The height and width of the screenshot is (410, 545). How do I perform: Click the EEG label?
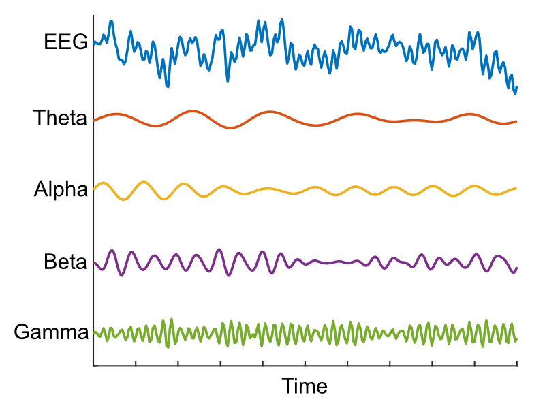pos(65,42)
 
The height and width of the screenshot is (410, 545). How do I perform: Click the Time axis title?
pos(305,387)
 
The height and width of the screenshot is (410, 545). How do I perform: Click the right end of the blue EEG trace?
pos(516,87)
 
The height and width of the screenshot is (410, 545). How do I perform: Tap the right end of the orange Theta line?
pos(516,121)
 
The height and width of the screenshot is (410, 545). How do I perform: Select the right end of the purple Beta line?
pos(516,268)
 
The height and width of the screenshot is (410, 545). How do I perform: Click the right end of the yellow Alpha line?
pos(516,188)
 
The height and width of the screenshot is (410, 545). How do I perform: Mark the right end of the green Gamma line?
pos(516,338)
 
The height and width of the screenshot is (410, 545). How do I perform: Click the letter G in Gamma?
pos(20,333)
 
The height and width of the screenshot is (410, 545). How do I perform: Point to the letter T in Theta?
pos(40,119)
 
